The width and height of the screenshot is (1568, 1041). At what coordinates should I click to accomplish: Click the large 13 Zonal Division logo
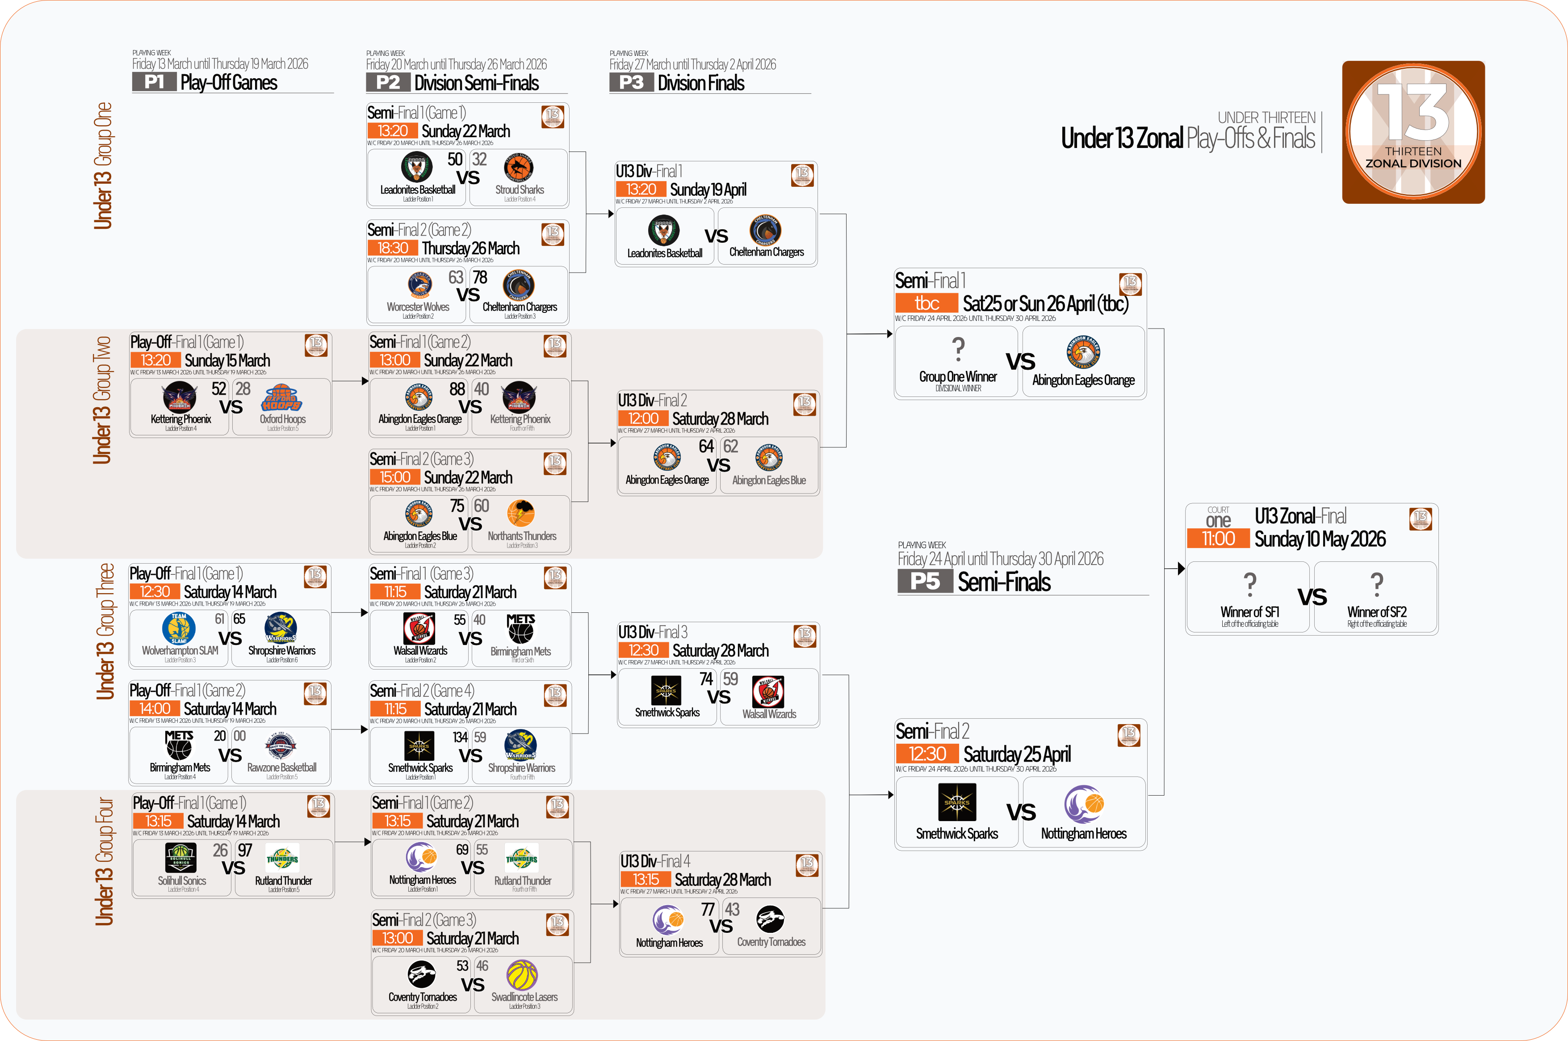[x=1413, y=132]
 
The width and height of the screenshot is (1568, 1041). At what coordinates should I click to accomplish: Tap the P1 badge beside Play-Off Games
[x=154, y=82]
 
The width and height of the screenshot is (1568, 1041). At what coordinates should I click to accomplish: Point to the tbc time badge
[x=927, y=303]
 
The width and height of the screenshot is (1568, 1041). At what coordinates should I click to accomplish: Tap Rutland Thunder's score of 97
[x=245, y=851]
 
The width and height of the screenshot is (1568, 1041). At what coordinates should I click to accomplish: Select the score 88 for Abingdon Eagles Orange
[x=457, y=389]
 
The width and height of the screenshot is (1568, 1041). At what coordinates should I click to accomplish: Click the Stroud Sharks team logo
[x=519, y=169]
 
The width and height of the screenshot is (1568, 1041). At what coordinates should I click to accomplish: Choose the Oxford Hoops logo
[x=281, y=398]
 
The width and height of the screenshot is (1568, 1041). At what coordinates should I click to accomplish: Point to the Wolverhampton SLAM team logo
[x=179, y=628]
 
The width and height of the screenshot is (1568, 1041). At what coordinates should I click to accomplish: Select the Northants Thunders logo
[x=521, y=513]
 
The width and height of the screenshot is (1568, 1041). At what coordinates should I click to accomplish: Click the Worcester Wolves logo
[x=419, y=286]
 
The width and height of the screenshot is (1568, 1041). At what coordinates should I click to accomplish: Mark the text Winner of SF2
[x=1376, y=612]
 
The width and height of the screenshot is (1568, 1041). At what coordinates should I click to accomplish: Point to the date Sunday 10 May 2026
[x=1319, y=539]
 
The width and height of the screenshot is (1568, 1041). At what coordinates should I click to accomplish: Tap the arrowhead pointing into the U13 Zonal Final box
[x=1181, y=568]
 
